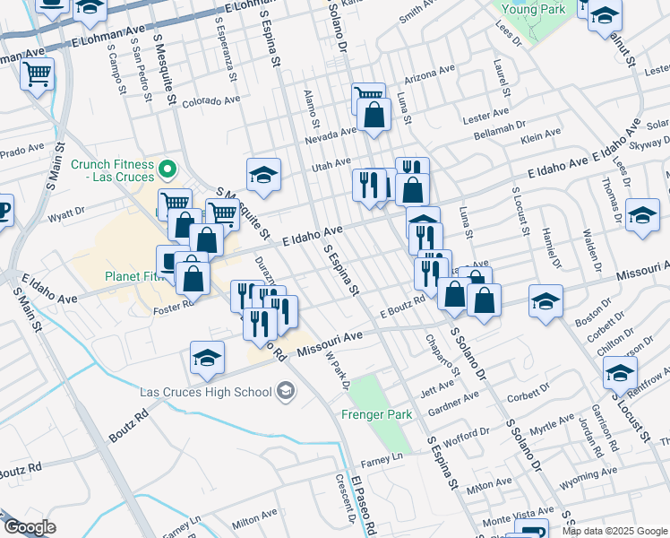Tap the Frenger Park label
(x=376, y=414)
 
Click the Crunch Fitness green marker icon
(x=167, y=169)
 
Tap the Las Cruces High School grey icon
(x=286, y=390)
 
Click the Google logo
(x=30, y=527)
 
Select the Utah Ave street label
(x=331, y=164)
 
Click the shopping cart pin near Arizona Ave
(x=367, y=97)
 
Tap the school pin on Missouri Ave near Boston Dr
(x=545, y=301)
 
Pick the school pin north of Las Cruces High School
(x=207, y=358)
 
